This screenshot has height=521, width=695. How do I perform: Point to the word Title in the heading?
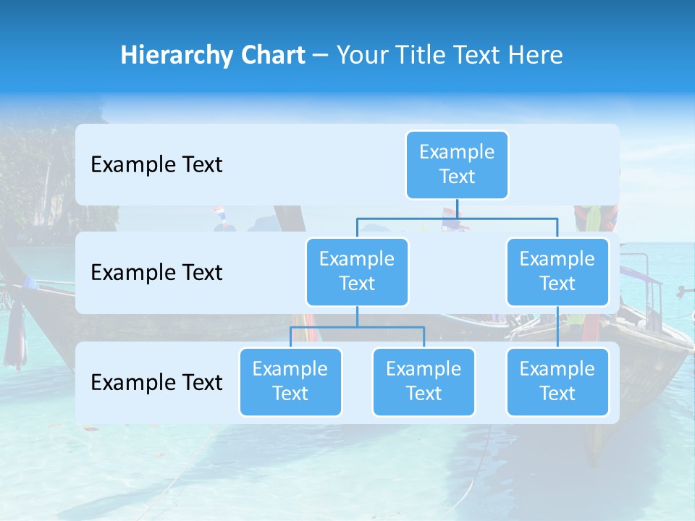423,55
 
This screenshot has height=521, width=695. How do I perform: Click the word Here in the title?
536,55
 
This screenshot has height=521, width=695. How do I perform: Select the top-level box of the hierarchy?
457,164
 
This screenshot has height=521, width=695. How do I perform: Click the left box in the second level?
357,271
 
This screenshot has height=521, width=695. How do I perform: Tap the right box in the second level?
557,271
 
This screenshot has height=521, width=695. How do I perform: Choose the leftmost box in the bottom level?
290,381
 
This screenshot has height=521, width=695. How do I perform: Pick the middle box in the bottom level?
424,381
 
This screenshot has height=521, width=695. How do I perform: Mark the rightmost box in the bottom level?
557,381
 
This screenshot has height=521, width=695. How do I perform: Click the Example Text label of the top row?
156,164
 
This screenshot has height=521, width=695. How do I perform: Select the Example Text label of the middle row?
156,272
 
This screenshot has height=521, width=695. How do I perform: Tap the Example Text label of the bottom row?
156,382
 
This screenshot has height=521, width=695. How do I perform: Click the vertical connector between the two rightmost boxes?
557,327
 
